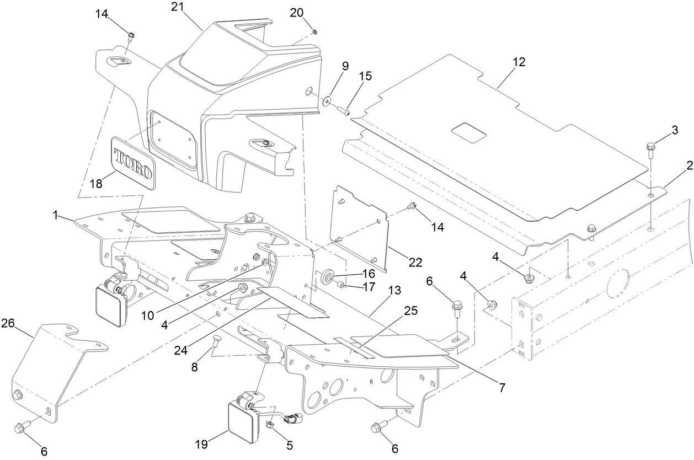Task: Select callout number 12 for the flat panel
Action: tap(519, 62)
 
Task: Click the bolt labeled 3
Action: tap(650, 147)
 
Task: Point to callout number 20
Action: tap(297, 12)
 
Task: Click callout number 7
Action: tap(501, 388)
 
